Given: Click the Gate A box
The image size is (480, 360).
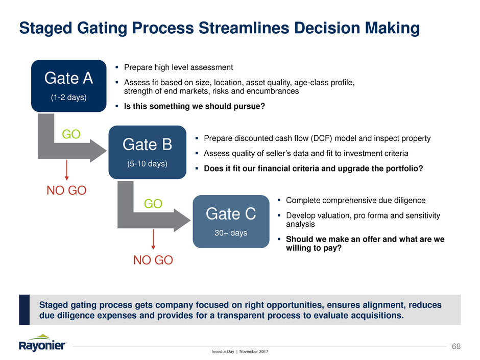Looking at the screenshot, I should tap(68, 86).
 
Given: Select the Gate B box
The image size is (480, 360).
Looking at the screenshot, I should tap(147, 152).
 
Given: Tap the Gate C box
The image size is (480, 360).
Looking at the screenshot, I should tap(230, 221).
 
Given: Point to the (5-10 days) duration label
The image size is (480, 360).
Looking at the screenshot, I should tap(147, 164).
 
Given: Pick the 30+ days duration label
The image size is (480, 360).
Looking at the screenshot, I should tap(230, 233).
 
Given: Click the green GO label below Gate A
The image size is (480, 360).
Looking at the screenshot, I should tap(71, 134).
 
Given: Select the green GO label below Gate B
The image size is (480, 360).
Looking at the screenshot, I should tap(153, 204).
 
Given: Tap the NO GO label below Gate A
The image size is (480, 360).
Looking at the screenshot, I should tap(67, 191).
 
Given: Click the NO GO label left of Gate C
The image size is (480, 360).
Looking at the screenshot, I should tap(153, 260).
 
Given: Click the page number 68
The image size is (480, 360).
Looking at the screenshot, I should tap(455, 347).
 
